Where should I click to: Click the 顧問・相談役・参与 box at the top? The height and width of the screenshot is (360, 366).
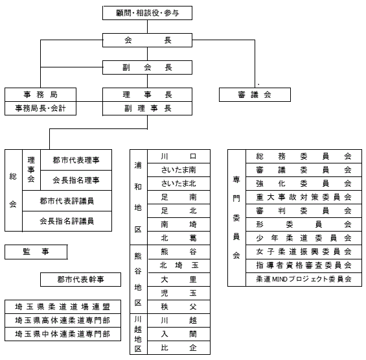coord(147,13)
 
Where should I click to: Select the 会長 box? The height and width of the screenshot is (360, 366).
coord(147,40)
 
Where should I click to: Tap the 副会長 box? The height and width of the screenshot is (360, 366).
coord(147,67)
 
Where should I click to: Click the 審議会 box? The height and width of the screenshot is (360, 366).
coord(255,95)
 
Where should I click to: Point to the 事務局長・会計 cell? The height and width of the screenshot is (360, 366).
coord(40,108)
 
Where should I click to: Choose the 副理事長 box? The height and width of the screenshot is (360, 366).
coord(147,108)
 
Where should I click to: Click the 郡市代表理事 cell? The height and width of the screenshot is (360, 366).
coord(76,160)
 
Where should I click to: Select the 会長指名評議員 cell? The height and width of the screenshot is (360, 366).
coord(67,221)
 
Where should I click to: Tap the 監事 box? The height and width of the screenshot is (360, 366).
coord(36,252)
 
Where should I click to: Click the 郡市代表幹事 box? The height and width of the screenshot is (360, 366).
coord(80,280)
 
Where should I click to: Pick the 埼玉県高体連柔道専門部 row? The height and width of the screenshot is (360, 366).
coord(63,320)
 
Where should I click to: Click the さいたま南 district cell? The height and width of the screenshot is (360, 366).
coord(179,170)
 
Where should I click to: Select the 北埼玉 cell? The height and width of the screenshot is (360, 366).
coord(179,265)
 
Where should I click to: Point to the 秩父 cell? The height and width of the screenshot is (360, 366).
coord(179,307)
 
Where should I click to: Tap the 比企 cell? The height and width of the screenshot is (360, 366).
coord(179,348)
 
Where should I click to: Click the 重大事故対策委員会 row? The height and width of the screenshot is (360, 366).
coord(304,197)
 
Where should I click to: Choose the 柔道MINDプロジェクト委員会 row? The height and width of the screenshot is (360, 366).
coord(304,279)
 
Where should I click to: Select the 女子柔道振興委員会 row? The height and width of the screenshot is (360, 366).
coord(304,252)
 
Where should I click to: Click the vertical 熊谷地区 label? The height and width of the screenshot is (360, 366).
coord(138,279)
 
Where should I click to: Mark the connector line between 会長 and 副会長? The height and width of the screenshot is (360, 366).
coord(147,54)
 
